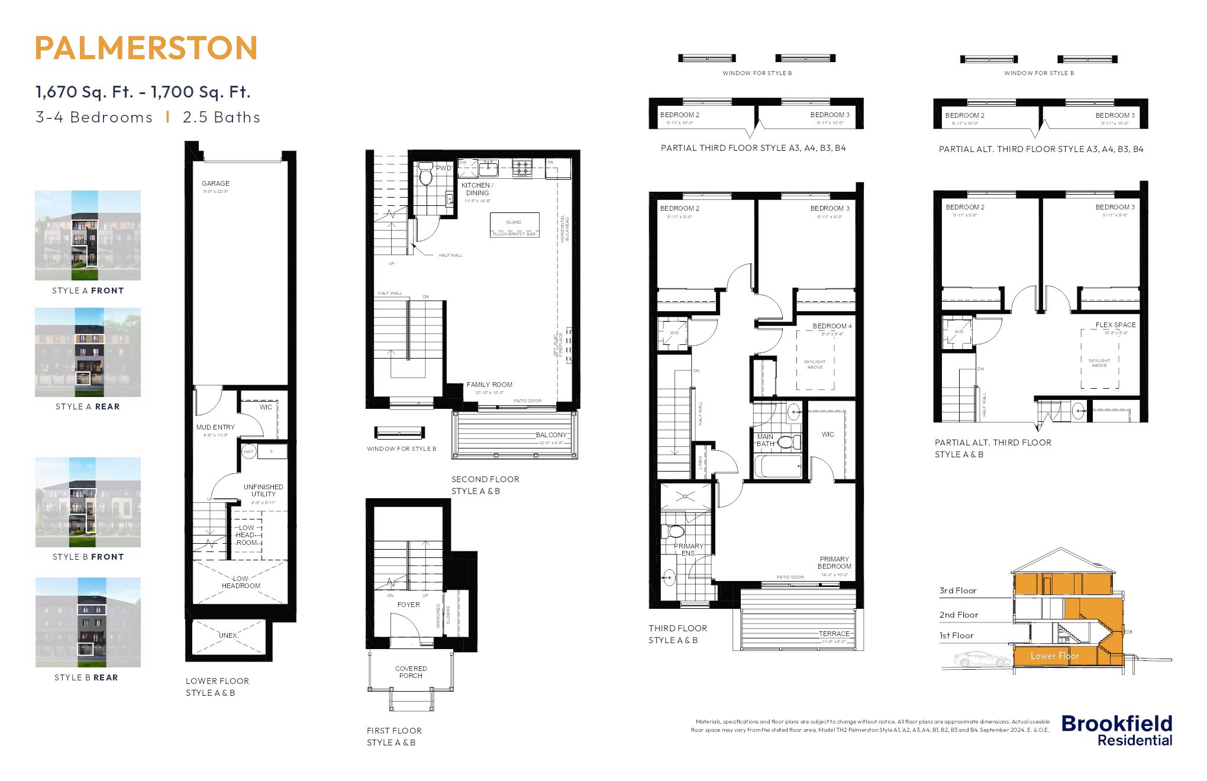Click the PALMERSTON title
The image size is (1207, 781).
tap(146, 49)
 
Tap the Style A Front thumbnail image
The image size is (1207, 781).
tap(88, 235)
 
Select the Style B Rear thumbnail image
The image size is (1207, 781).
tap(88, 622)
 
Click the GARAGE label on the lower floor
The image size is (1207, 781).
tap(215, 183)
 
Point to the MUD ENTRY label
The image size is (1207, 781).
tap(215, 427)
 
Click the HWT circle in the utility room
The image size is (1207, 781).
tap(248, 451)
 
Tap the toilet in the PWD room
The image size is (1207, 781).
tap(425, 175)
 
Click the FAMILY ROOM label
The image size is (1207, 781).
tap(489, 385)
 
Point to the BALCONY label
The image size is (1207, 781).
tap(551, 435)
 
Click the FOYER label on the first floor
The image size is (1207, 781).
tap(408, 605)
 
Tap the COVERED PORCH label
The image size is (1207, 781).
tap(411, 672)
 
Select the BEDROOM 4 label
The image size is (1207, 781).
tap(832, 326)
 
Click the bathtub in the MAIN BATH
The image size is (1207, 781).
tap(777, 467)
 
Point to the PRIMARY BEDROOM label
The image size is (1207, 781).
tap(834, 563)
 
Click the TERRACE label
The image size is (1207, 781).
tap(834, 634)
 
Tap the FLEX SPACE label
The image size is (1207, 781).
tap(1115, 325)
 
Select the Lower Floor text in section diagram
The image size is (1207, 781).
tap(1054, 656)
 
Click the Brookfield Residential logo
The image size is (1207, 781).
tap(1116, 731)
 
